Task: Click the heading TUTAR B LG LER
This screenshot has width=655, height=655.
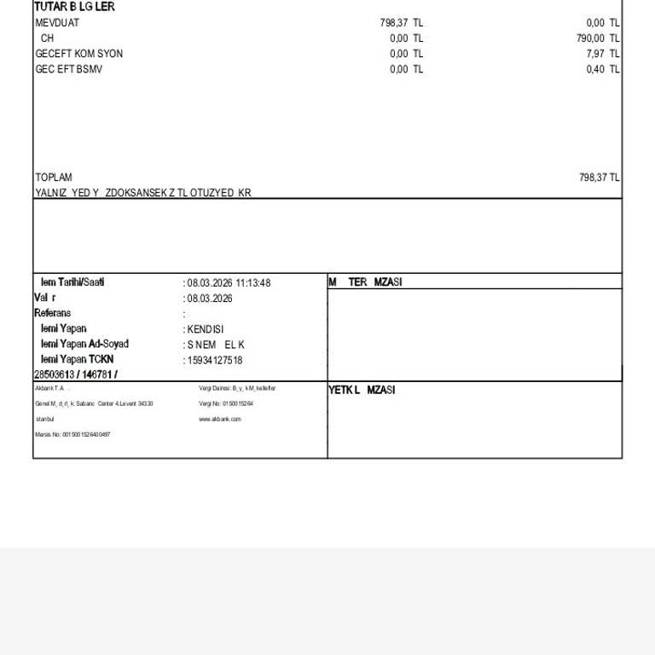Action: [74, 7]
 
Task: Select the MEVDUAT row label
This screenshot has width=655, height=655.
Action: [57, 23]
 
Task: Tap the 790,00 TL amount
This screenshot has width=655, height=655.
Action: [598, 38]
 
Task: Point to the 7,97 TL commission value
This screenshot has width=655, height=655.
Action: [603, 54]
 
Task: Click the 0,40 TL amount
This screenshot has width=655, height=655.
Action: [603, 69]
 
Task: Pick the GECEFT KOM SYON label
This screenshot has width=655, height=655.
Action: [79, 54]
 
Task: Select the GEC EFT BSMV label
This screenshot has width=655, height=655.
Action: [69, 69]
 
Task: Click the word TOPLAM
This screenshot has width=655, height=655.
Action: [54, 177]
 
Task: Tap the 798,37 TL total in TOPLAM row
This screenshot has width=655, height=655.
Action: [599, 177]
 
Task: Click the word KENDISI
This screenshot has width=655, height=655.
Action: [206, 329]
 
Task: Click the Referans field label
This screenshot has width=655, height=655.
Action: [52, 313]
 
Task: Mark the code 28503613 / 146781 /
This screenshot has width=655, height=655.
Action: [76, 374]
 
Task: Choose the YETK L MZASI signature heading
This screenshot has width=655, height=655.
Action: [362, 390]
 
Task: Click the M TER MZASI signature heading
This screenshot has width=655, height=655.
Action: [365, 282]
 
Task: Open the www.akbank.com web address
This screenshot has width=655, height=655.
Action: [220, 419]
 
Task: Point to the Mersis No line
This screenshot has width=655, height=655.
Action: [72, 434]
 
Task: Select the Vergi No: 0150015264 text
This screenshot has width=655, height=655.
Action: [226, 403]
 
